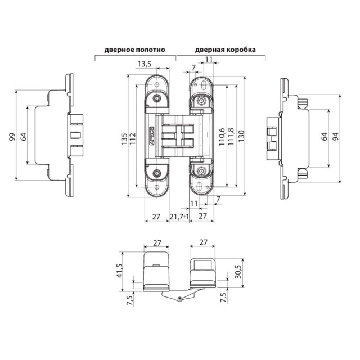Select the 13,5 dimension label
145,65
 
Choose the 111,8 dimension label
231,137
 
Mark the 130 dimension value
241,137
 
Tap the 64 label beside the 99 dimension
23,136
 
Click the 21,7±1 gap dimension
179,216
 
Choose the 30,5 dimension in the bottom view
237,272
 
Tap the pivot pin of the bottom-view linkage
179,298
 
